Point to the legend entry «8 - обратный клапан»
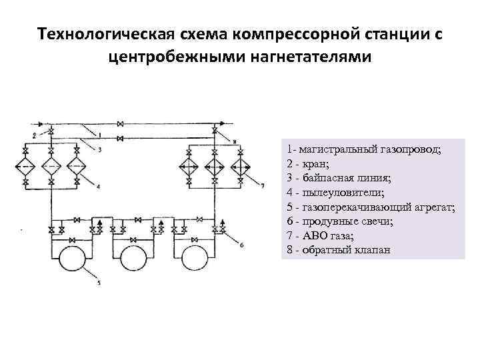pyautogui.click(x=337, y=250)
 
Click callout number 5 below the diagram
pyautogui.click(x=99, y=283)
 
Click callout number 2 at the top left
pyautogui.click(x=33, y=135)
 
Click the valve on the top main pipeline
pyautogui.click(x=121, y=124)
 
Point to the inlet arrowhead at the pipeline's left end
pyautogui.click(x=39, y=124)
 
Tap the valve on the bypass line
pyautogui.click(x=121, y=138)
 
